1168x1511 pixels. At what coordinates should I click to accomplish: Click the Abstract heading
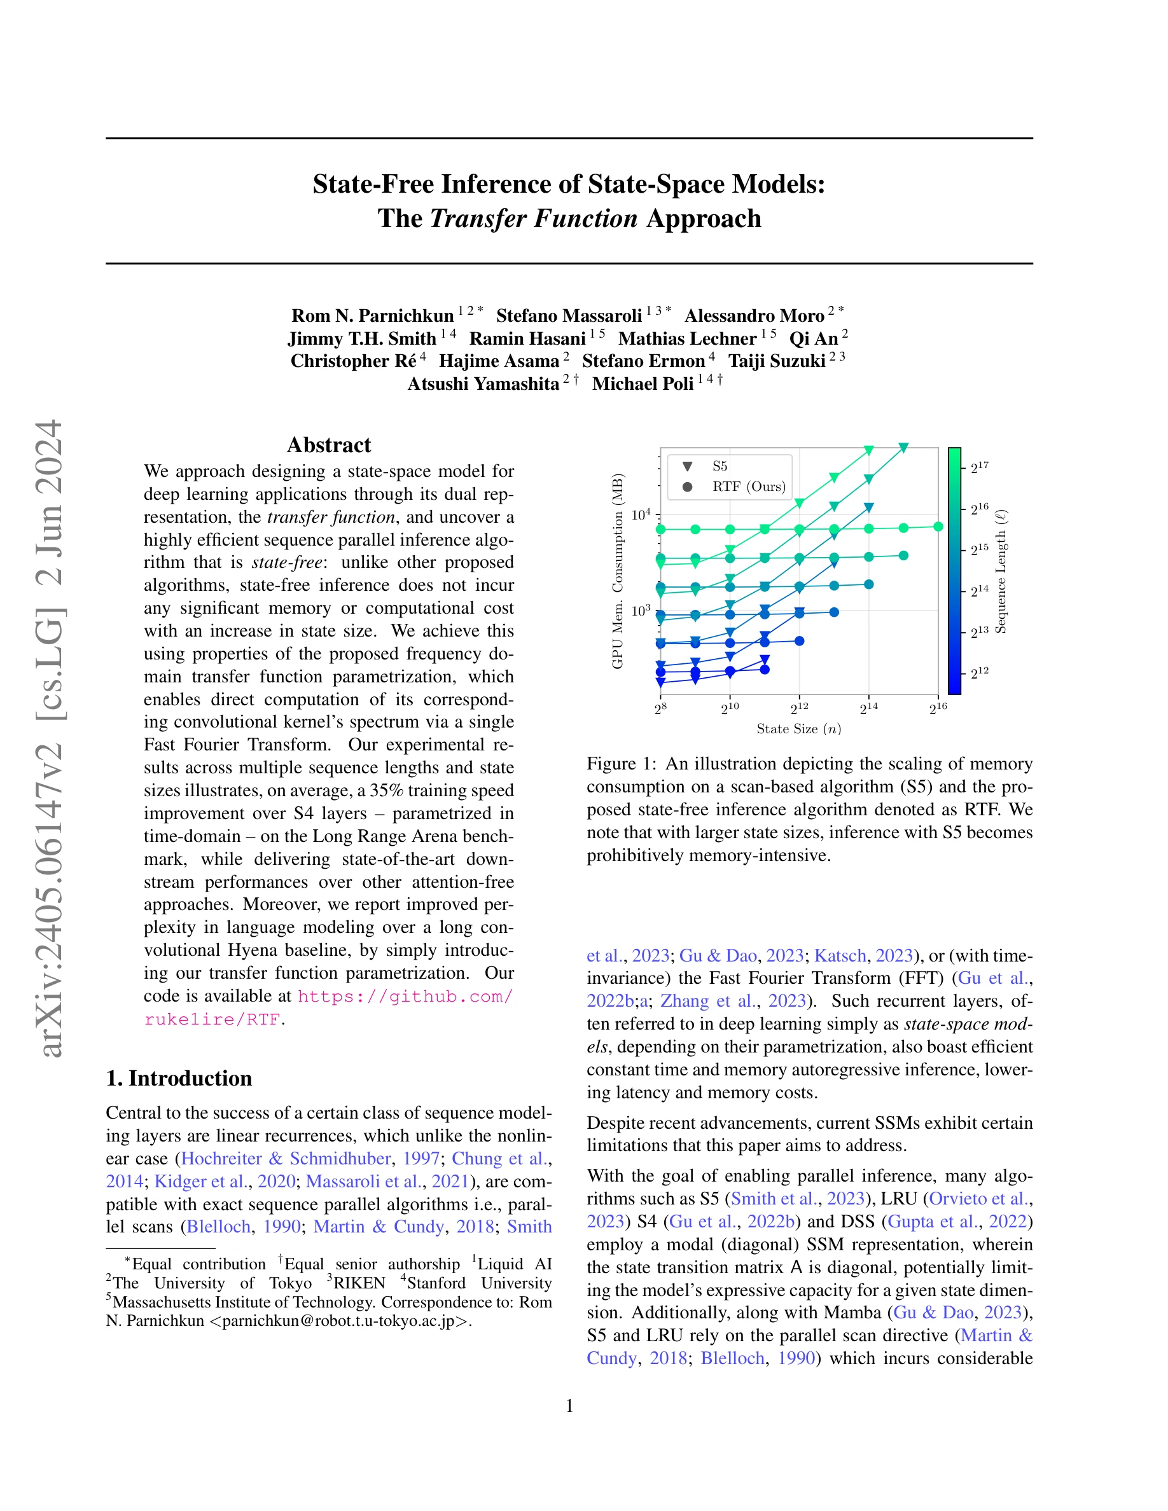click(329, 445)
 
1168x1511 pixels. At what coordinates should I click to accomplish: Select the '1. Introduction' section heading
click(179, 1078)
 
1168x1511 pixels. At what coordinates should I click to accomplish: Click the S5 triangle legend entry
click(719, 466)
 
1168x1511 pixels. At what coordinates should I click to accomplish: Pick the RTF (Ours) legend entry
click(748, 487)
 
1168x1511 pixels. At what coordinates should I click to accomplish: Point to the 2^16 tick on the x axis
click(938, 708)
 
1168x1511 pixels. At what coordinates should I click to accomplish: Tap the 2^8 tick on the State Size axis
click(661, 708)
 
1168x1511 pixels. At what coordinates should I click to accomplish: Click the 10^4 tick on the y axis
click(641, 514)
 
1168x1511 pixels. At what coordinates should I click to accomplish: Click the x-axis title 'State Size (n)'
click(798, 729)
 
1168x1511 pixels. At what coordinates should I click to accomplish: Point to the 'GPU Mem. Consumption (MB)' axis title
click(617, 571)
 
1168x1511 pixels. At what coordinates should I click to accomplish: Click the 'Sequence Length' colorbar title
click(1001, 571)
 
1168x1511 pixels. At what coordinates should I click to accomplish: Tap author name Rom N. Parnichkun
click(372, 316)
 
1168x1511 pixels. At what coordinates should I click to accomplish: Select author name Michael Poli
click(642, 384)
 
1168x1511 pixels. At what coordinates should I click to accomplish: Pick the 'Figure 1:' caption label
click(621, 764)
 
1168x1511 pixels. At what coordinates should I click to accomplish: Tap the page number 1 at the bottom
click(569, 1406)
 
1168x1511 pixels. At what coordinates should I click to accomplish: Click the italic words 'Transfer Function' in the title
click(533, 219)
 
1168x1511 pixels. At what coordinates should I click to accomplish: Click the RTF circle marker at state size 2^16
click(938, 527)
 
